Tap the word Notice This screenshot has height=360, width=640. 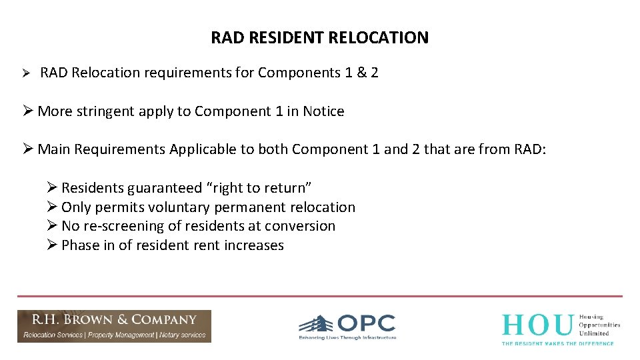point(323,111)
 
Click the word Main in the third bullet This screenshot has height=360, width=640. point(54,149)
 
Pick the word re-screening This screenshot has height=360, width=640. point(127,226)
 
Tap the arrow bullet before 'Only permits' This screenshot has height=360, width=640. point(53,207)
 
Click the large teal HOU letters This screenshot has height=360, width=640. point(537,325)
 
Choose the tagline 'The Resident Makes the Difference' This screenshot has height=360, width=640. point(557,343)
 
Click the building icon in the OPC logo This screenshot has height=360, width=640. point(316,325)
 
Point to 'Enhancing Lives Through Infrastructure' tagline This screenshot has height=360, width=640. point(347,338)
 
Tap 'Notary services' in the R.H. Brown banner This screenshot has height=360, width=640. point(182,335)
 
